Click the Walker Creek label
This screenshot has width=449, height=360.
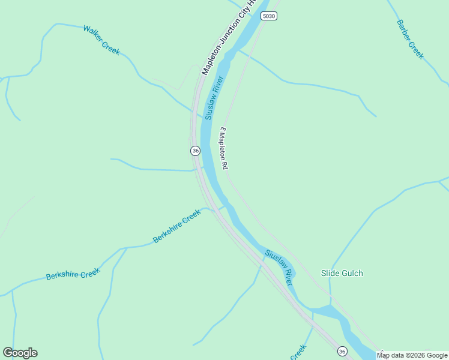[101, 40]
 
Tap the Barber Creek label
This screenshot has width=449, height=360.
[410, 40]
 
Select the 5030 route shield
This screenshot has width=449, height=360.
[269, 16]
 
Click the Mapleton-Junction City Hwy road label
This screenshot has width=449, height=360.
[228, 37]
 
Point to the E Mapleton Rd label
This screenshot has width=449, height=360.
[224, 147]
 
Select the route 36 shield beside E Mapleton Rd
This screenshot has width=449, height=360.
[195, 150]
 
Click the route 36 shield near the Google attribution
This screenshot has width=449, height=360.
[342, 351]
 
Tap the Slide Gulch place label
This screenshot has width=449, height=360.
[342, 273]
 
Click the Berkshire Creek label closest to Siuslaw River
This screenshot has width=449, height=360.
[176, 226]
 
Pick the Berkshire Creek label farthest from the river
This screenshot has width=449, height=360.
[73, 274]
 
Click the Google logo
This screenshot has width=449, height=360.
[20, 352]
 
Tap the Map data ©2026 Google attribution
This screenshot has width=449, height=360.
[412, 355]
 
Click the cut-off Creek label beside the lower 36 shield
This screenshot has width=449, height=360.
[298, 352]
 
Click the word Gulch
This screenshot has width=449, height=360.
[352, 273]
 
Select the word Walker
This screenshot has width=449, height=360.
[92, 34]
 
